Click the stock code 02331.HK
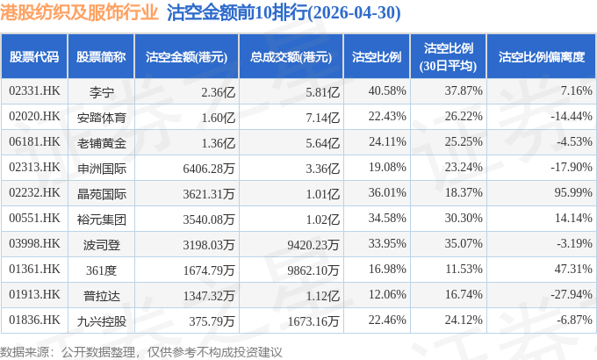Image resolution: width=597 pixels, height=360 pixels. point(34,91)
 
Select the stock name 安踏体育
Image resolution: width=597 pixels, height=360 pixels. point(101,118)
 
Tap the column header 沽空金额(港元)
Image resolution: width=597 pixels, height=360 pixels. point(186,57)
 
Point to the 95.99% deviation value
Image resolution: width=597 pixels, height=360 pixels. point(573,193)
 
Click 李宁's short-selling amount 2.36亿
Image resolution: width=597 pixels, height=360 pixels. point(218,92)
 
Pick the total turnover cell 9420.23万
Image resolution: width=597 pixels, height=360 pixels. point(313,245)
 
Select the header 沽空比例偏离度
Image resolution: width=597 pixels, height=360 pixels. point(542,57)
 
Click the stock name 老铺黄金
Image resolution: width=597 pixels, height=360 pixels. point(101,143)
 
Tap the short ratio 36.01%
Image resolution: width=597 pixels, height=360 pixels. point(387,193)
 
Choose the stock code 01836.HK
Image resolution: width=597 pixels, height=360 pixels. point(34,320)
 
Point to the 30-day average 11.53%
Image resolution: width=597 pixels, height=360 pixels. point(464,269)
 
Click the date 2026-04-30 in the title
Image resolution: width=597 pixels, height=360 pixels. point(355,13)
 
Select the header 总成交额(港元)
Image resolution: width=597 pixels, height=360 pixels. point(291,57)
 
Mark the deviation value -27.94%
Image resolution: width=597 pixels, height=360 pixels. point(572,294)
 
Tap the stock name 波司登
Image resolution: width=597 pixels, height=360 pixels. point(101,245)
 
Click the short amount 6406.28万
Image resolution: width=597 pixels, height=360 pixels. point(209,169)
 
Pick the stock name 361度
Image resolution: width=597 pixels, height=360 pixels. point(101,270)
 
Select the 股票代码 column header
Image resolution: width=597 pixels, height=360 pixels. point(34,57)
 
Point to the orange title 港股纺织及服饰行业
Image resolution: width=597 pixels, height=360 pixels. point(79,12)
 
